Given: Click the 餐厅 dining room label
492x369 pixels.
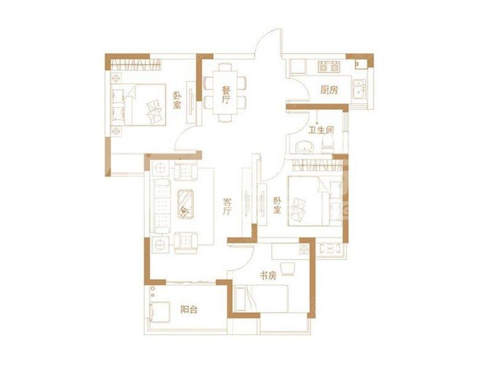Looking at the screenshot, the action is click(x=226, y=95).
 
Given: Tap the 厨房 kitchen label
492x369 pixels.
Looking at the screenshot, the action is click(x=329, y=90).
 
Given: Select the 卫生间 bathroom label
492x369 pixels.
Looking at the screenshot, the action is click(x=320, y=130).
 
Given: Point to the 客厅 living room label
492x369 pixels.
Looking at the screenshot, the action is click(x=227, y=206).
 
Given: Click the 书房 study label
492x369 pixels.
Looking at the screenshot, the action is click(x=268, y=276).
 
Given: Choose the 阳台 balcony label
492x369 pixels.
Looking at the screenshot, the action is click(x=189, y=310).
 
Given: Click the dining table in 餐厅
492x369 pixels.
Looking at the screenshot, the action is click(x=225, y=92).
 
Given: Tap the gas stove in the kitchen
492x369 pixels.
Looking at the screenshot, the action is click(x=329, y=66).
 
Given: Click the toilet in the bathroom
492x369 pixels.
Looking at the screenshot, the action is click(x=328, y=146).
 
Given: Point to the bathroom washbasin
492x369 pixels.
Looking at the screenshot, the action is click(x=304, y=147).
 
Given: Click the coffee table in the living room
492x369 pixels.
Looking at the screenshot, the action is click(x=186, y=205).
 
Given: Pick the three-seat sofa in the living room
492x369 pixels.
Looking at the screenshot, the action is click(x=162, y=206).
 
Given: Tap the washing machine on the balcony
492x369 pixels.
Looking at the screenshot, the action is click(x=160, y=312).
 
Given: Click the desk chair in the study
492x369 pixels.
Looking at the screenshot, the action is click(x=288, y=269).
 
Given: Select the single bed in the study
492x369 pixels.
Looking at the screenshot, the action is click(x=261, y=298).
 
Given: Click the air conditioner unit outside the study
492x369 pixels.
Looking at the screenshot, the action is click(x=330, y=249).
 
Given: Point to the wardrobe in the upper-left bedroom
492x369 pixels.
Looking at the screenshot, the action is click(x=136, y=65).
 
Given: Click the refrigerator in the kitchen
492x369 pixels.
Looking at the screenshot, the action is click(x=298, y=67).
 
